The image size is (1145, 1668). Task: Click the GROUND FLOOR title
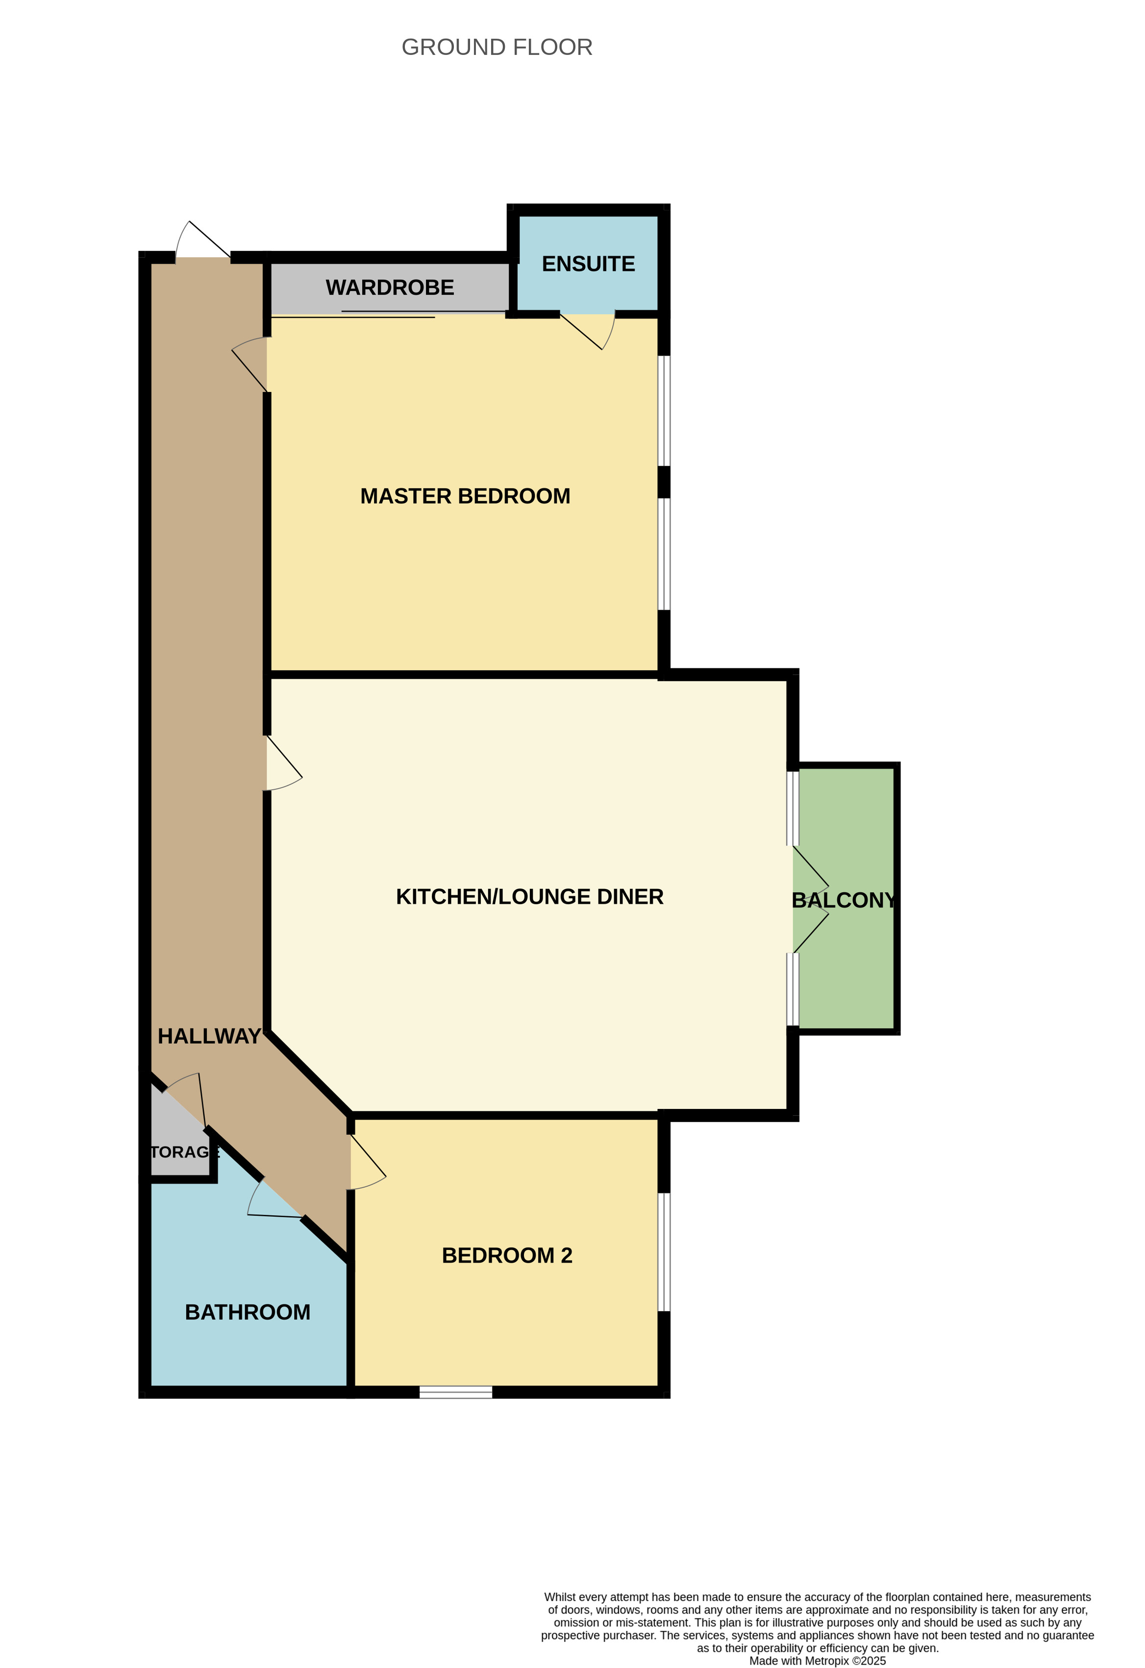click(497, 48)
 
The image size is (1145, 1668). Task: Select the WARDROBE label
click(390, 288)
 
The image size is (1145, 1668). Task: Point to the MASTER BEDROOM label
click(465, 496)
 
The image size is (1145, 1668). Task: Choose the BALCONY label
click(844, 900)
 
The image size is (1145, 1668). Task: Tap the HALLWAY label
click(209, 1036)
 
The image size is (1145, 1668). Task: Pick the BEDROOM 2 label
click(507, 1255)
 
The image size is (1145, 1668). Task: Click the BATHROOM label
click(248, 1312)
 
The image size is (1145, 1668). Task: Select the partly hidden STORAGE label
click(184, 1152)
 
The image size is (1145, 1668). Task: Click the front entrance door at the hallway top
click(203, 241)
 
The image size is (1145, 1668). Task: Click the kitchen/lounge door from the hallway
click(284, 763)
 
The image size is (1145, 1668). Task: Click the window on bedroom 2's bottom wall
click(456, 1393)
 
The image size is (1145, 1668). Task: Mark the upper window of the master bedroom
click(665, 411)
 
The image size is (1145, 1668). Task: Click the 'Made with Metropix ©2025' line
click(817, 1661)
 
